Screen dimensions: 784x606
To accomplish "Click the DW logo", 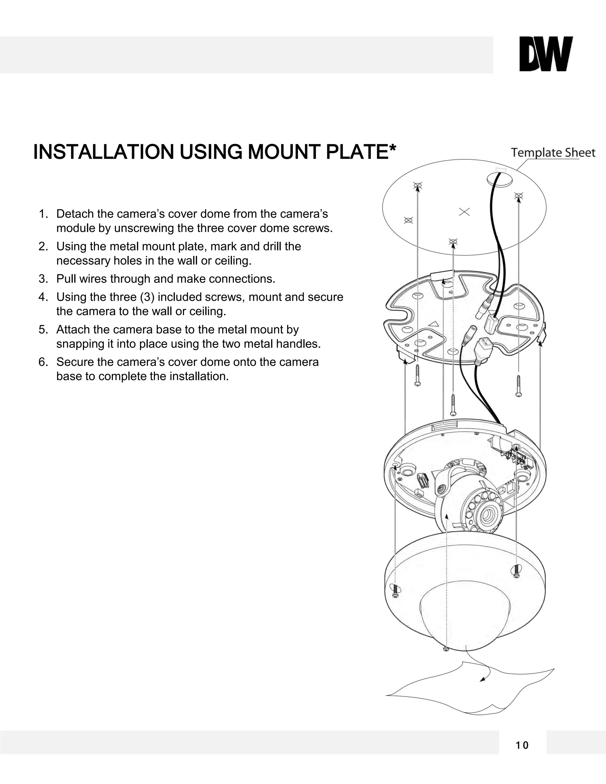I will coord(546,54).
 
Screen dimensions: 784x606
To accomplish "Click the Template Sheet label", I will coord(553,153).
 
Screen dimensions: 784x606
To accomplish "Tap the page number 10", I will coord(522,746).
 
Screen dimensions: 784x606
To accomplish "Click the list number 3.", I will coord(42,279).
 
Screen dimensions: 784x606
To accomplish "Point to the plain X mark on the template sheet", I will coord(464,212).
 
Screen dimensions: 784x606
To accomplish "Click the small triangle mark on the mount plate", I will coord(434,323).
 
